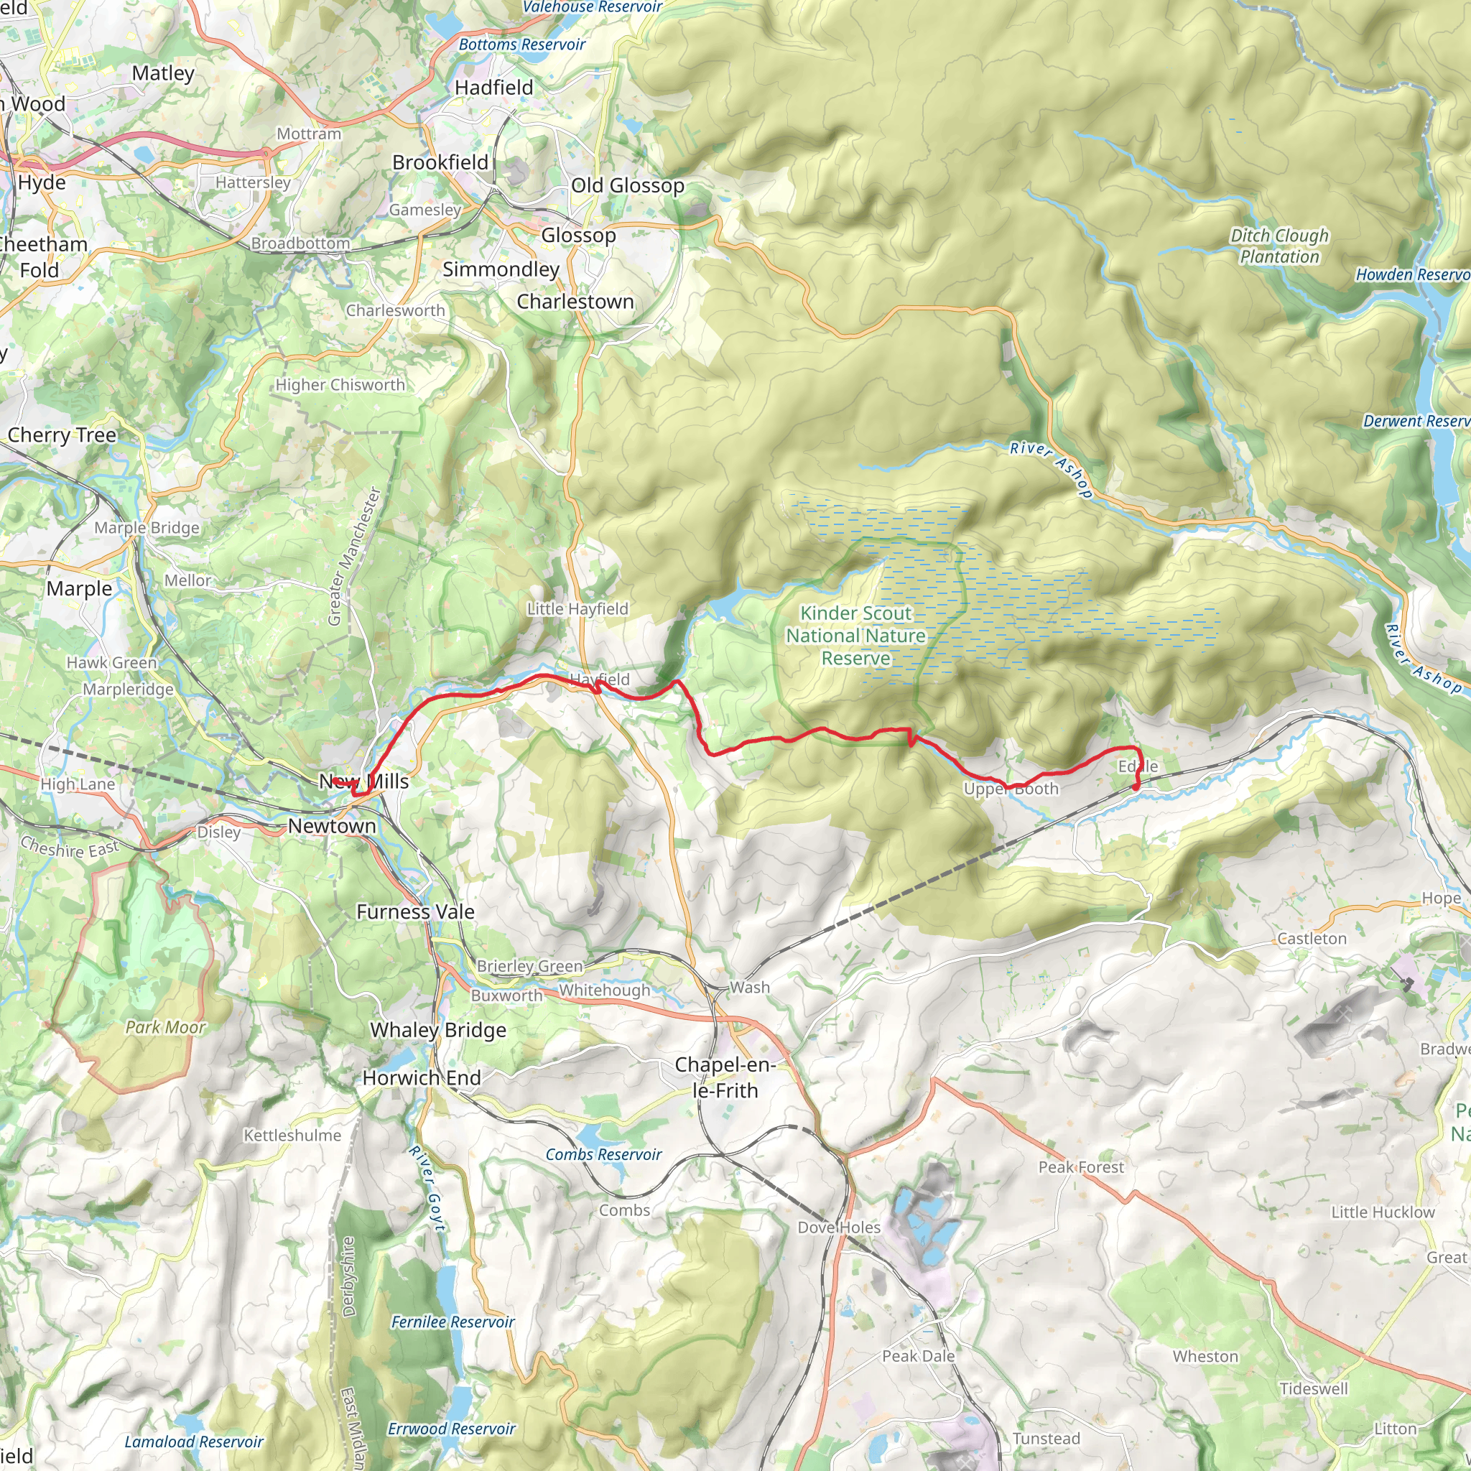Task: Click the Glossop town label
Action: click(578, 236)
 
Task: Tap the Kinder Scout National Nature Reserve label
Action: click(855, 636)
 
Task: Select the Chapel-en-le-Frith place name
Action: click(725, 1077)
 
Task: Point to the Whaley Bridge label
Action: click(438, 1030)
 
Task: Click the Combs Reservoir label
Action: click(603, 1154)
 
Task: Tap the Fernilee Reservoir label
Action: click(453, 1322)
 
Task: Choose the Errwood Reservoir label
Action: click(452, 1429)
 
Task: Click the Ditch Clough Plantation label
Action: click(1279, 246)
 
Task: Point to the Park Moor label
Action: click(165, 1027)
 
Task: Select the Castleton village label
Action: click(1311, 939)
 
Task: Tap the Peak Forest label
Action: click(1080, 1167)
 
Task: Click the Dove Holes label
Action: click(838, 1228)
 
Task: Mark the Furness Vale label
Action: click(415, 911)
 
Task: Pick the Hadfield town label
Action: click(493, 88)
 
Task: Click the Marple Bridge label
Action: click(147, 528)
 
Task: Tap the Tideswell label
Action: click(1314, 1389)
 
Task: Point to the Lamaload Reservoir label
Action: click(193, 1442)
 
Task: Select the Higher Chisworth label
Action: click(340, 384)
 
